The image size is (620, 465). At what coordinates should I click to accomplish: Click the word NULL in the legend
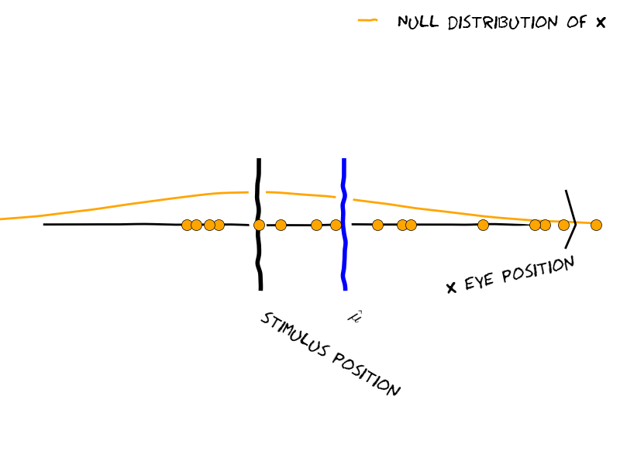(417, 22)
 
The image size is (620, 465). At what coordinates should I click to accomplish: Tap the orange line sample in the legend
(367, 21)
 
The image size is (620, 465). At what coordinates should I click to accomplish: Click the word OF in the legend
(577, 22)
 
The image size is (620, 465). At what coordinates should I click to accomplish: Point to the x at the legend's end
(600, 23)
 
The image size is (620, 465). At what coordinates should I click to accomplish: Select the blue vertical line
(344, 256)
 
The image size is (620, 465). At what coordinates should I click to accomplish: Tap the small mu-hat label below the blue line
(355, 316)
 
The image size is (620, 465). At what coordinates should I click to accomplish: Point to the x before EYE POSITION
(451, 288)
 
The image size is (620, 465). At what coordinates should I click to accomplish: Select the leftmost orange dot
(187, 225)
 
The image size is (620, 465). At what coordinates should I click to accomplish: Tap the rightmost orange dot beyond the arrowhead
(596, 225)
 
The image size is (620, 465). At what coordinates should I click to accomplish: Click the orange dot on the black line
(259, 225)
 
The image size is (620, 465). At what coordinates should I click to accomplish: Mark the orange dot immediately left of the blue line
(336, 225)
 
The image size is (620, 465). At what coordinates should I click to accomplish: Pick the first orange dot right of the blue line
(377, 225)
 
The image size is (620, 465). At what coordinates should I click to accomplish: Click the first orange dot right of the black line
(281, 225)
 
